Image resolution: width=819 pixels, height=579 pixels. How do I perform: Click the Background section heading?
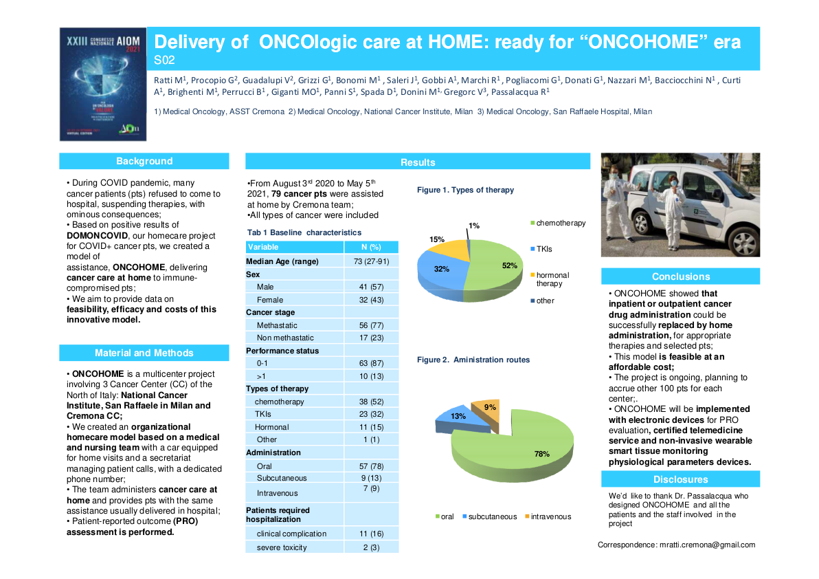click(144, 161)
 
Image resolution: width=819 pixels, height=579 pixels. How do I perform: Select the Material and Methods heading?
click(144, 353)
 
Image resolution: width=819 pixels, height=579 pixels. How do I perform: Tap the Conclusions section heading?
click(680, 276)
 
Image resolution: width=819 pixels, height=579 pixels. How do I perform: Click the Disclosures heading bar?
click(680, 479)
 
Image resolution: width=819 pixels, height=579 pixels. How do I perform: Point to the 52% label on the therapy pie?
click(509, 265)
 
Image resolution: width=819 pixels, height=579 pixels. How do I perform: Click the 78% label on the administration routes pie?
click(541, 454)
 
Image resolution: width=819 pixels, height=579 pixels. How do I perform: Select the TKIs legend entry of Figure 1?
click(543, 249)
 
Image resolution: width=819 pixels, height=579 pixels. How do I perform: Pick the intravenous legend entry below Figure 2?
click(551, 516)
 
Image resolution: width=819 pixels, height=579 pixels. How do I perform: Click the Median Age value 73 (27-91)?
click(371, 261)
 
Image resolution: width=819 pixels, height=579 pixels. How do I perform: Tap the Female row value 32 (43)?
click(371, 300)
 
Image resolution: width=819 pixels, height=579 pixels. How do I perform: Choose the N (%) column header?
click(371, 247)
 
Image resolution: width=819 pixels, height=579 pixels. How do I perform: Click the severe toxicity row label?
click(282, 547)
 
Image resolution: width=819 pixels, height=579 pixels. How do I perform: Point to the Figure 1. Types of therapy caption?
click(465, 190)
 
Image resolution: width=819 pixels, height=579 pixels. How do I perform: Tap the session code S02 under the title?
click(164, 60)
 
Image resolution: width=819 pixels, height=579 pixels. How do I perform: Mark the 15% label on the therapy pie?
click(436, 239)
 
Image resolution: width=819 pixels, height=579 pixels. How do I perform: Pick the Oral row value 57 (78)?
click(371, 466)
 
